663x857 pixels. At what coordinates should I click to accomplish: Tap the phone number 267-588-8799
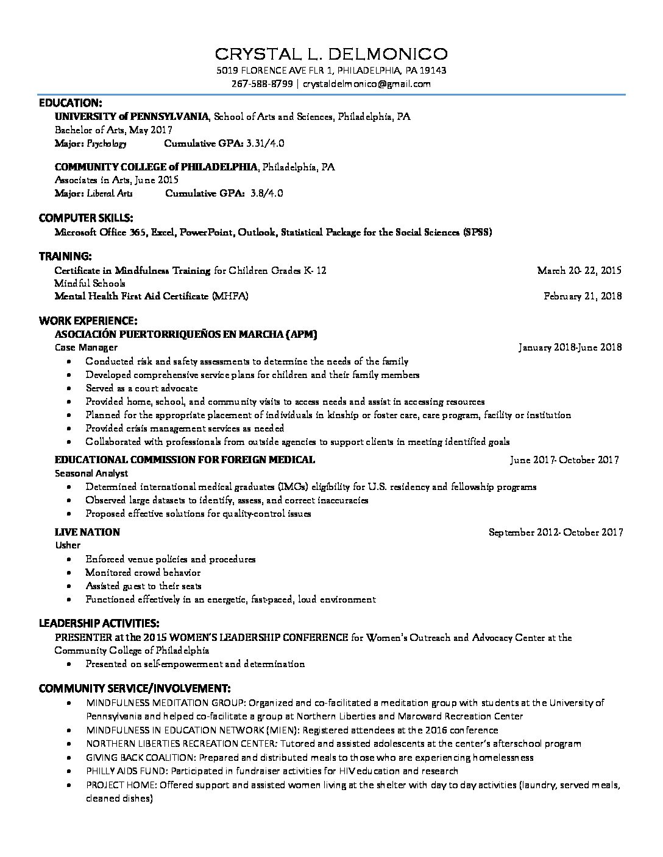262,84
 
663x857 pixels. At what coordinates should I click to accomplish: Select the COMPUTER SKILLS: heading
86,218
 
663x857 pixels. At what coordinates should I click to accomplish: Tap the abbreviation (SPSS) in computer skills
478,232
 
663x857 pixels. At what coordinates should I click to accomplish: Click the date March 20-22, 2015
579,270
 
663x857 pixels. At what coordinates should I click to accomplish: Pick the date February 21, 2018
583,296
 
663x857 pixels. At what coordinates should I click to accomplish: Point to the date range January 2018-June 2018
570,348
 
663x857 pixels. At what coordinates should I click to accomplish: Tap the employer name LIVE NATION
87,533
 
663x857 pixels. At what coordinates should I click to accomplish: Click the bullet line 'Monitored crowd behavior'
143,573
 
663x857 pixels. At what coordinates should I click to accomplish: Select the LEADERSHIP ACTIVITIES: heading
99,623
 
